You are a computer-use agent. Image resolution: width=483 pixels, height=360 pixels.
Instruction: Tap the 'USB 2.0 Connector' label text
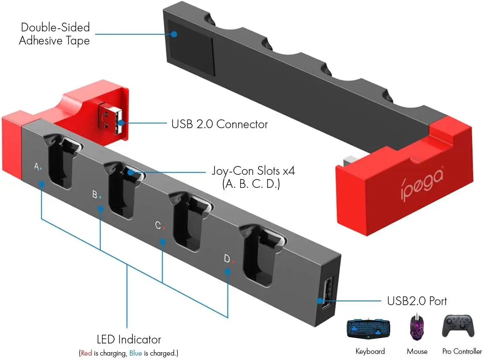click(x=219, y=124)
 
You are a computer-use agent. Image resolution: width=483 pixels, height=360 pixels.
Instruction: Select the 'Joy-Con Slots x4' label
click(x=253, y=171)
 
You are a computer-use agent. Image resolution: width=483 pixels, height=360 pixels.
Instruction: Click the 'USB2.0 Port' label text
click(x=417, y=301)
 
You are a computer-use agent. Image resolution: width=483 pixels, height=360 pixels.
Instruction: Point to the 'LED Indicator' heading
click(x=129, y=340)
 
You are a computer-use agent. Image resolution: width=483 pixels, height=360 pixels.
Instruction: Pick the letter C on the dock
click(x=158, y=225)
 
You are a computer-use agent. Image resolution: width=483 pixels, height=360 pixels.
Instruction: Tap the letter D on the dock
click(x=227, y=259)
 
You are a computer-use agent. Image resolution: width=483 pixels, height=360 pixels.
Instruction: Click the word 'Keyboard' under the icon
click(x=370, y=351)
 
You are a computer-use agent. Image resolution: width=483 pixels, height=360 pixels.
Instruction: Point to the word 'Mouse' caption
click(x=417, y=351)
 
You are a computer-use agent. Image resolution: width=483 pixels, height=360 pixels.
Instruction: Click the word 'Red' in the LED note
click(x=86, y=353)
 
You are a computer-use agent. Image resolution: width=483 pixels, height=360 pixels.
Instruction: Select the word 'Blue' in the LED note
click(x=136, y=353)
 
